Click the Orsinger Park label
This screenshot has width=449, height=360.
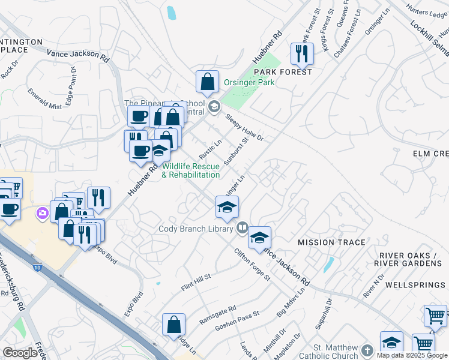pos(249,82)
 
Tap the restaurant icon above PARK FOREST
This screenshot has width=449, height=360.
pos(302,54)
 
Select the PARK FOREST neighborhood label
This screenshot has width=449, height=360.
pos(287,72)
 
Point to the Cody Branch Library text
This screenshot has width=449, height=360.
pos(196,229)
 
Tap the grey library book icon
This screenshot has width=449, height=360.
pos(242,227)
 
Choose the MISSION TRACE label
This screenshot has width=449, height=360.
pos(331,242)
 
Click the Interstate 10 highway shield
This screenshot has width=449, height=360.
pos(37,269)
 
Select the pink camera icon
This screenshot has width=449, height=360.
pos(42,212)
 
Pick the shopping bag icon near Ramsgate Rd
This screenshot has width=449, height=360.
pos(173,325)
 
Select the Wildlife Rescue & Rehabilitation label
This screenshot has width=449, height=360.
pos(191,170)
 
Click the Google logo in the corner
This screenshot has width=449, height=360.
pos(20,353)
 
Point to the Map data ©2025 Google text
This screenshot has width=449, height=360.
pos(412,355)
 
